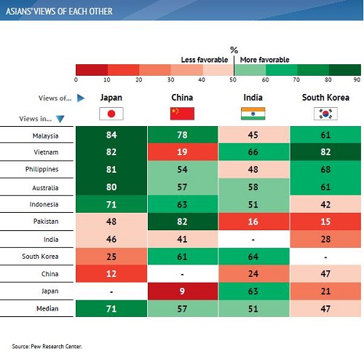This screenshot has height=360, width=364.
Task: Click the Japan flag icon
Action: tap(111, 114)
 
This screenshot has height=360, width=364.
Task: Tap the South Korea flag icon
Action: tap(325, 114)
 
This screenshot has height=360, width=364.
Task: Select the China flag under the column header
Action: tap(182, 114)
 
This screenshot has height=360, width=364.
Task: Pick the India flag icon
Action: tap(253, 114)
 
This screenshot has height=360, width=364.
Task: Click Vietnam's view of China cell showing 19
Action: tap(183, 152)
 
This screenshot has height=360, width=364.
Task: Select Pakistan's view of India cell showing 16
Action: tap(253, 222)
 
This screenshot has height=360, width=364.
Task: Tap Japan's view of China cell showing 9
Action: tap(183, 291)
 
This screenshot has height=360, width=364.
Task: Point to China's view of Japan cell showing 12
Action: tap(111, 274)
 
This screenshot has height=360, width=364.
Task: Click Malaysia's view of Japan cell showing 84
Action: tap(111, 135)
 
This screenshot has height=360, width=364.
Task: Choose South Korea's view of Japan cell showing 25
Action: tap(111, 257)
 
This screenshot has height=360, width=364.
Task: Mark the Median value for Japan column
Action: tap(111, 308)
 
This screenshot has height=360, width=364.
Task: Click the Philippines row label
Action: tap(41, 169)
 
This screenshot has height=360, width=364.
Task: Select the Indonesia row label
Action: tap(44, 204)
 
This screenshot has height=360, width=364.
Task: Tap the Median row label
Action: tap(47, 308)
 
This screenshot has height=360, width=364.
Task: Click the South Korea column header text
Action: tap(325, 98)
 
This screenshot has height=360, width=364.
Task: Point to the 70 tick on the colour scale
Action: tap(296, 79)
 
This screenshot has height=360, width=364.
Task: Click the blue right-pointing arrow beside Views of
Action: tap(81, 98)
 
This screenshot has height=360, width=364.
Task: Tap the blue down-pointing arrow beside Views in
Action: tap(60, 119)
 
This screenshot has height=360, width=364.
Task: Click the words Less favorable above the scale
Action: tap(205, 60)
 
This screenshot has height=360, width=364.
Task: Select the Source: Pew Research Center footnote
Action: tap(47, 346)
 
